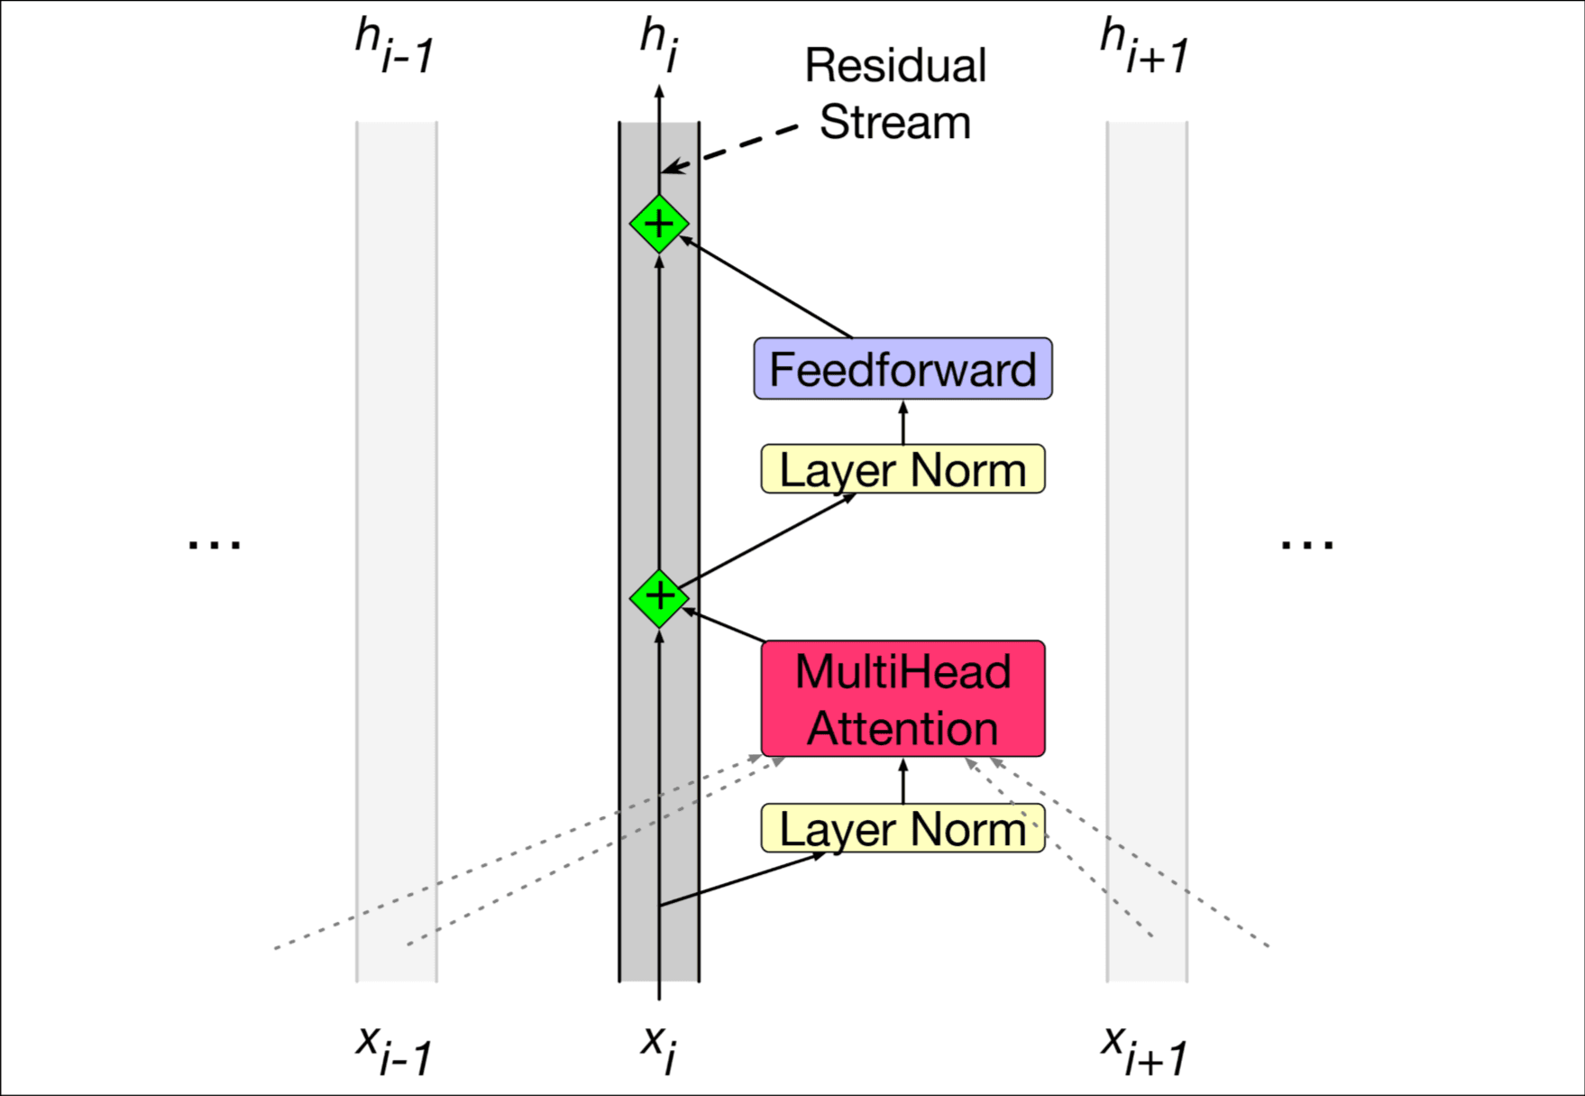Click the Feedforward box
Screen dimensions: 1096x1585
click(902, 369)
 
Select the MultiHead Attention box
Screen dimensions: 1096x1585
click(902, 699)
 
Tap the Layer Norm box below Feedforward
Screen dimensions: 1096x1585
click(902, 469)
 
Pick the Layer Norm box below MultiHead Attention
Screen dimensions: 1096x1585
click(902, 828)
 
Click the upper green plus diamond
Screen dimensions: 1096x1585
click(659, 224)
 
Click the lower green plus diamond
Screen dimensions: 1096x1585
click(659, 598)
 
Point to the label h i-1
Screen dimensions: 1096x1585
click(395, 47)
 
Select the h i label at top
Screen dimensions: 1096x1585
click(659, 43)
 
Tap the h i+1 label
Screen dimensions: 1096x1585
click(1144, 47)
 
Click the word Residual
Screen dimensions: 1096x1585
click(895, 66)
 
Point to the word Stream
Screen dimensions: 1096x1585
click(895, 123)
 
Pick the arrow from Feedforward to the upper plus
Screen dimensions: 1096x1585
click(766, 288)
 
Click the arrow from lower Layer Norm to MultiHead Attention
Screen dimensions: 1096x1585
click(903, 781)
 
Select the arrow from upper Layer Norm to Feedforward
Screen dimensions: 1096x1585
click(903, 422)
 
